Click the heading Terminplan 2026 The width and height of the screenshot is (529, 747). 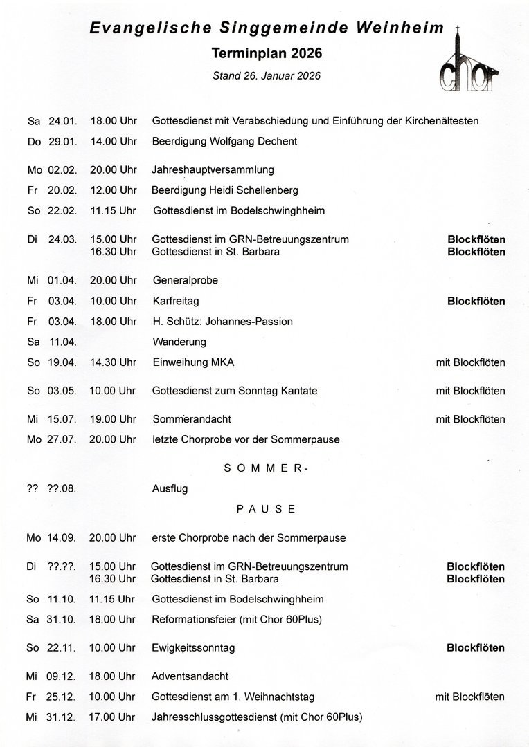coord(267,53)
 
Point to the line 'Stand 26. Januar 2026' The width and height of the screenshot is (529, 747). coord(267,75)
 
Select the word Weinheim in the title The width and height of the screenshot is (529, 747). coord(398,29)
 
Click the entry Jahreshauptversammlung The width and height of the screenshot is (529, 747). coord(213,170)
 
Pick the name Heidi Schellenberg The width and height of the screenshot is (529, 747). coord(249,190)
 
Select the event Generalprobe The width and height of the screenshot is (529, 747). coord(185,281)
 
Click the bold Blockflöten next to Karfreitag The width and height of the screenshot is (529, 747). coord(476,302)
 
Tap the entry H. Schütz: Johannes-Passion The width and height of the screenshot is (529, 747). coord(222,322)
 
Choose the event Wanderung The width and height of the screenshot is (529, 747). coord(179,342)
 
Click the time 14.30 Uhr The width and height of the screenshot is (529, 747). coord(113,362)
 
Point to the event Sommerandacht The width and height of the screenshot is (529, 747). coord(192,419)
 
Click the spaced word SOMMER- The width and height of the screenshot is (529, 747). coord(266,468)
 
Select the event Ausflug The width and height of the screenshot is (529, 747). coord(170,488)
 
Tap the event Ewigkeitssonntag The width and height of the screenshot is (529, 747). coord(193,648)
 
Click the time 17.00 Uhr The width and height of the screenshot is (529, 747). coord(113,717)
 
